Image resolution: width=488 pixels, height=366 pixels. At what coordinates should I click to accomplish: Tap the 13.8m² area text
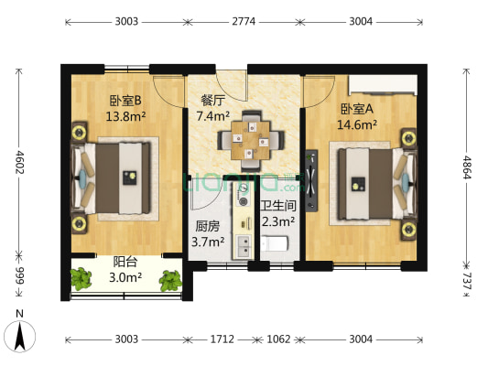pos(124,117)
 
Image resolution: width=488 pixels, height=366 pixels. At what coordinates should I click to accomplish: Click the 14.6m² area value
pos(355,124)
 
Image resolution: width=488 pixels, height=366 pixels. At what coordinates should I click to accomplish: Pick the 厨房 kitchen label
pos(207,225)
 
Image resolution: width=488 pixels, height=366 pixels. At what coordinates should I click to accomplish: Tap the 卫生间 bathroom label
pos(277,206)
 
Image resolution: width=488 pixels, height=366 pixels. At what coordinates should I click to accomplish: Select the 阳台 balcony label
pos(125,262)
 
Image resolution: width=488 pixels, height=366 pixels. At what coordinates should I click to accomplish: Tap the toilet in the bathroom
pos(276,244)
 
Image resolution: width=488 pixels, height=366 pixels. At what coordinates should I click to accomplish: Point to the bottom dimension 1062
pos(278,339)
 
